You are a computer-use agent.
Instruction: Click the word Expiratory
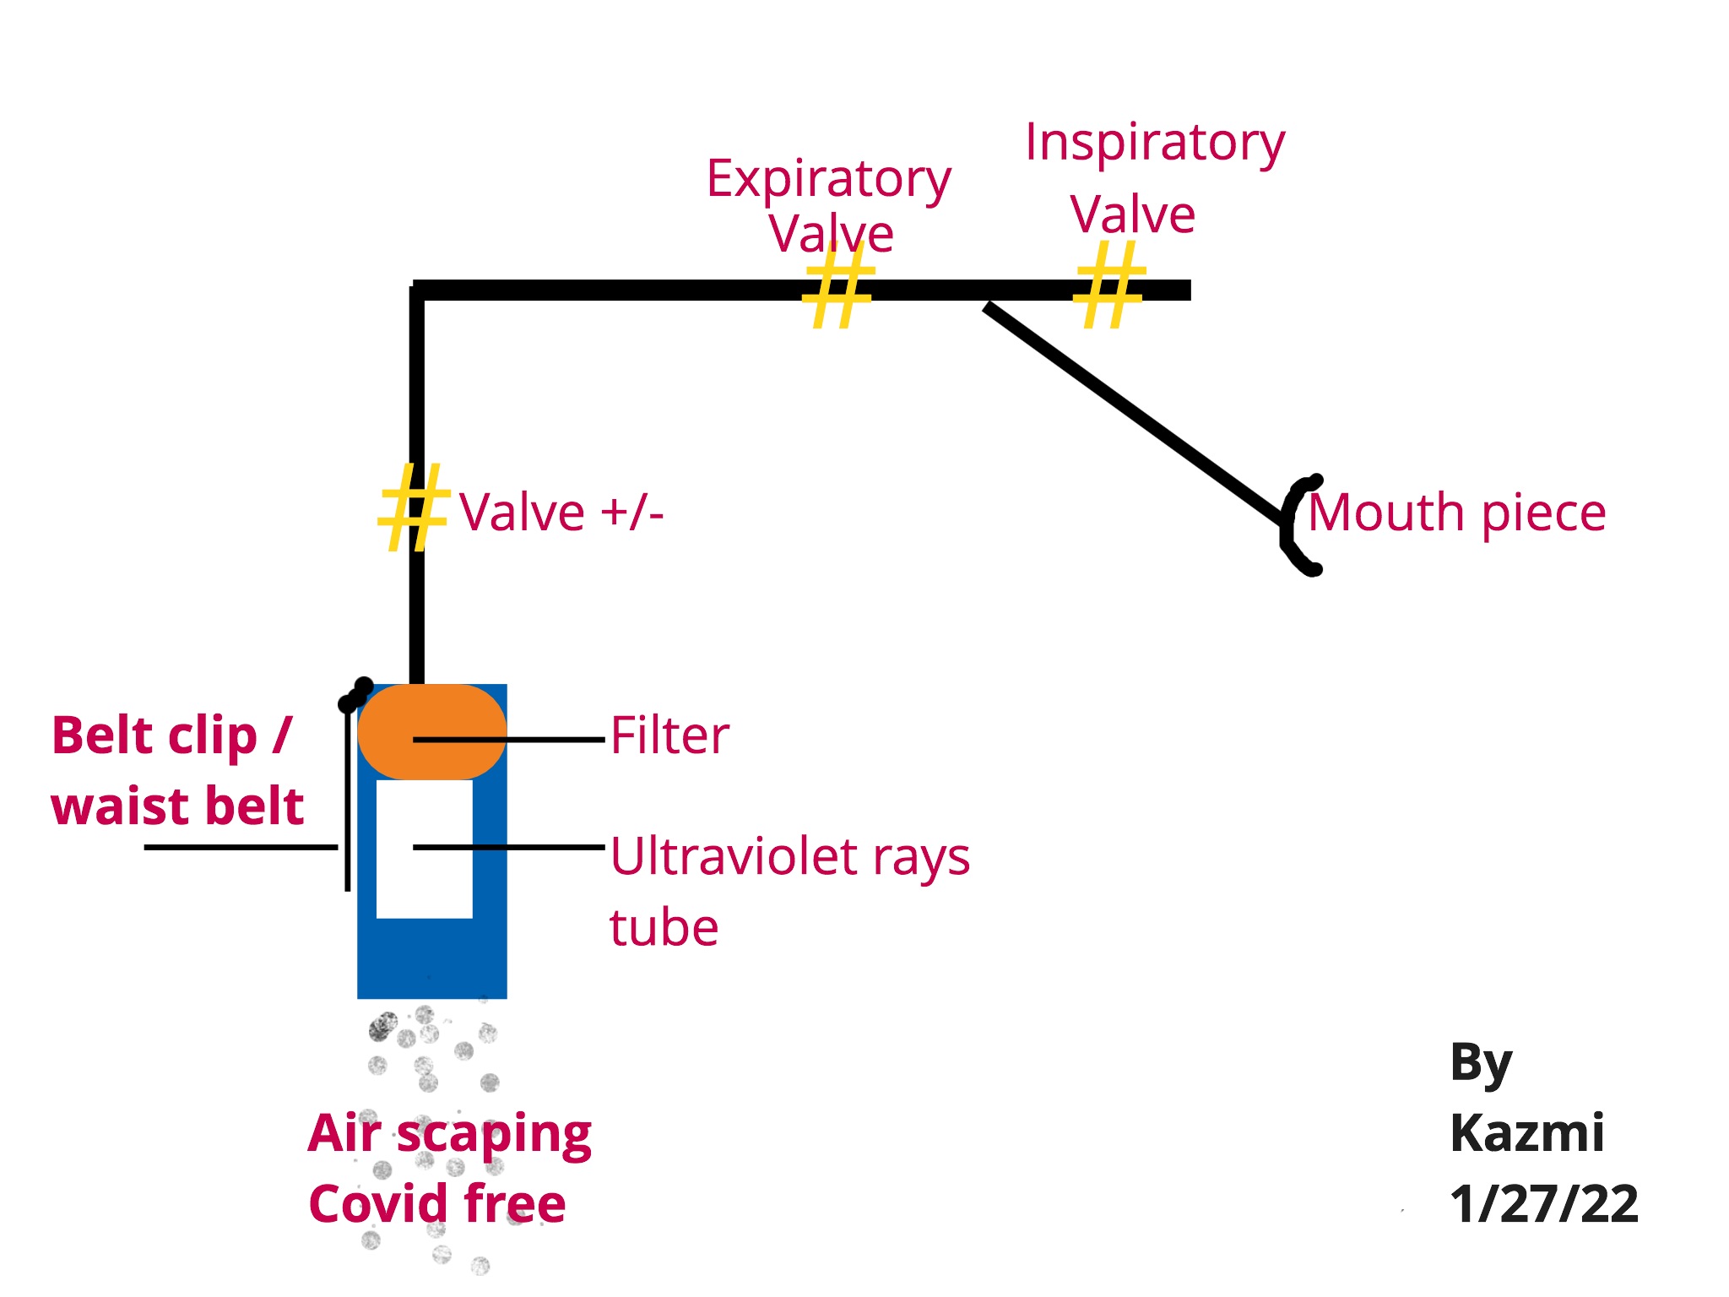pos(828,179)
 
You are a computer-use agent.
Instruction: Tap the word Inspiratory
pos(1154,143)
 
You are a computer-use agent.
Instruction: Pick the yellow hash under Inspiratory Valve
pos(1108,285)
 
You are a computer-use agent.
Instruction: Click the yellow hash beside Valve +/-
pos(412,507)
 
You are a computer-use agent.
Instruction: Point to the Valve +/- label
pos(561,513)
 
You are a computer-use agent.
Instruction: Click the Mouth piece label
pos(1456,513)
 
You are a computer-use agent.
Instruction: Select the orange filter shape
pos(431,731)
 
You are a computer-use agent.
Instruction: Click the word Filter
pos(669,735)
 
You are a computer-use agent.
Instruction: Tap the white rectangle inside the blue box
pos(424,878)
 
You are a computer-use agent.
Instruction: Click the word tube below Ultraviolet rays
pos(664,928)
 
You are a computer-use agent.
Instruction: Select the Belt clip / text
pos(171,735)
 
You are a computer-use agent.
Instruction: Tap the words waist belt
pos(177,806)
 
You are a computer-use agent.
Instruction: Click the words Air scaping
pos(449,1134)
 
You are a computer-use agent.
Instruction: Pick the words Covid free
pos(437,1204)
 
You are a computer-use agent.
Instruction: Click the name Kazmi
pos(1526,1133)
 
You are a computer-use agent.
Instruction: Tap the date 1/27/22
pos(1543,1204)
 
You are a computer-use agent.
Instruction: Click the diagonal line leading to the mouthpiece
pos(1136,414)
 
